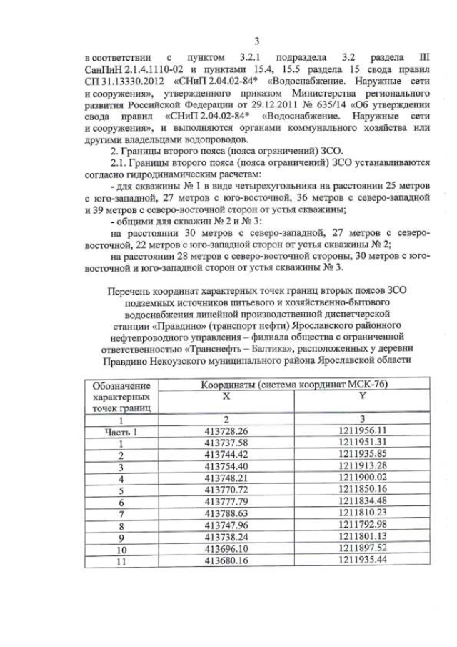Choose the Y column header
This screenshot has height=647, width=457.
(362, 395)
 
